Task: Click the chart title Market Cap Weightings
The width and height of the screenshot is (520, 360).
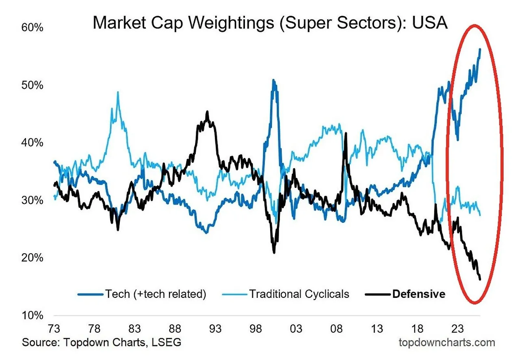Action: click(270, 23)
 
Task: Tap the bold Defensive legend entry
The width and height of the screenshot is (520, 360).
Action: click(418, 294)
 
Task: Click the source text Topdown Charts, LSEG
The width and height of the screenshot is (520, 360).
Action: click(102, 342)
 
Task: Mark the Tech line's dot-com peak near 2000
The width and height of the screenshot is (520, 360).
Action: click(274, 80)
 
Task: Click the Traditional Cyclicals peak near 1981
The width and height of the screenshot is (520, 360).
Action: click(118, 92)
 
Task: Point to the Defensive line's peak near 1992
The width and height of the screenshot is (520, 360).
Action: click(207, 112)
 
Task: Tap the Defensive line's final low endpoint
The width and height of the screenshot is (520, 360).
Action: click(480, 279)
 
